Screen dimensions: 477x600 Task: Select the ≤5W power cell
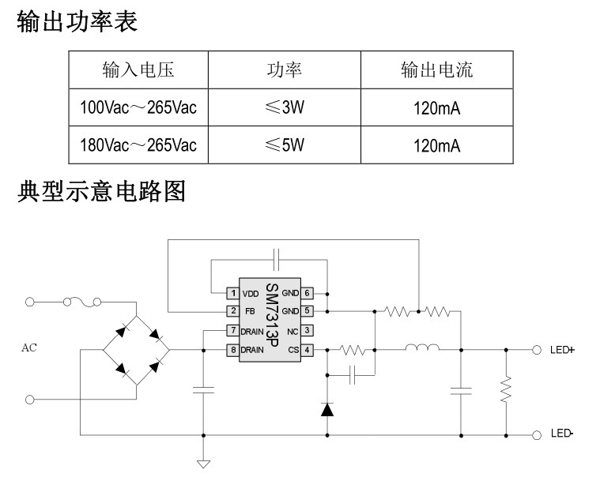285,145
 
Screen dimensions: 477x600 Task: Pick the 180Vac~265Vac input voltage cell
138,145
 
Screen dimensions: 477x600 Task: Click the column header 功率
285,69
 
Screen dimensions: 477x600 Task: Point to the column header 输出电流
436,69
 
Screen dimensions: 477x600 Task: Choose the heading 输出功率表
77,21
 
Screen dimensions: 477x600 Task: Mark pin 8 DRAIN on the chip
246,349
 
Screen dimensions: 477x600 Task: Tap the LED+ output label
562,349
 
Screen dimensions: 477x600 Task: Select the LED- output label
562,434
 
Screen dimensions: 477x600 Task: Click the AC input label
29,347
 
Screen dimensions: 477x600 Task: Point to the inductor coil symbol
422,347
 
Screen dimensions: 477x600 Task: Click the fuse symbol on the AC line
81,301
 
